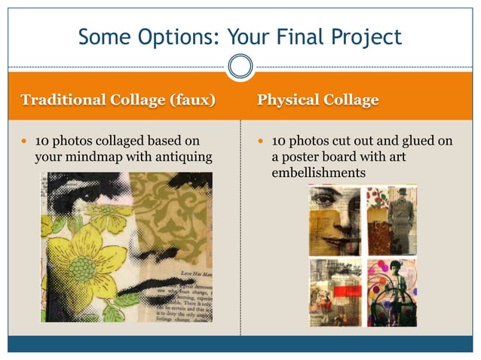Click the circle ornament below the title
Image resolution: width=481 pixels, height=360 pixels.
click(240, 67)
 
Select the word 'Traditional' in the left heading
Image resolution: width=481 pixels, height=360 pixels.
click(61, 100)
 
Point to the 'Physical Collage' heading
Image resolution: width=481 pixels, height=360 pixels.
click(317, 100)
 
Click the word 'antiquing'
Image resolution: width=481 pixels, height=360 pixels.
click(181, 157)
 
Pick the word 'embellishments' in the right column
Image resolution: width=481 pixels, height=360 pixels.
click(318, 173)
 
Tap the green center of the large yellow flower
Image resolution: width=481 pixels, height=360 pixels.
click(81, 267)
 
